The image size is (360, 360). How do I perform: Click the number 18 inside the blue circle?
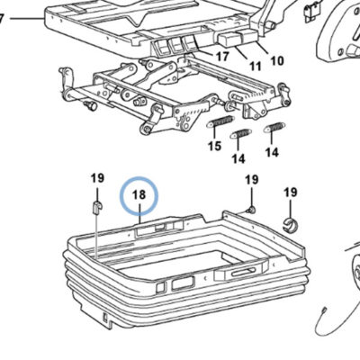139,195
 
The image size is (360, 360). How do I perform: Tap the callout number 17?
222,57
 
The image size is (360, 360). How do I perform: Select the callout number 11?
256,66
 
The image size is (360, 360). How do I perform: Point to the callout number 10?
277,61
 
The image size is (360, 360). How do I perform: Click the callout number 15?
215,146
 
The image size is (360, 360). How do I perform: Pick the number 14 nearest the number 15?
238,158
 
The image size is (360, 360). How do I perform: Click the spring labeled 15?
220,122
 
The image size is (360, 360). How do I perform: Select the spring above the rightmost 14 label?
274,128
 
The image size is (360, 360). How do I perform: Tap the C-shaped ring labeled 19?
290,225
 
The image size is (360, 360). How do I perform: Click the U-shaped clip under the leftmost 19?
96,208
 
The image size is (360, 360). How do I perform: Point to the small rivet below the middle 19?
251,210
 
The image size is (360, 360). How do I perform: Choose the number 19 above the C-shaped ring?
291,193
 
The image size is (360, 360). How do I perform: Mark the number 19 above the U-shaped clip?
97,178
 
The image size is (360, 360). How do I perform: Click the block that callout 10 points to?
249,36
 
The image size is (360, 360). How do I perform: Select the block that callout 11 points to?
229,40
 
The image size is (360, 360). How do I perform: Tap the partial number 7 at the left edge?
2,19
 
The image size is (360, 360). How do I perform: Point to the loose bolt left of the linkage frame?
90,105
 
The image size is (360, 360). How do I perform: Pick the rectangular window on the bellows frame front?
182,283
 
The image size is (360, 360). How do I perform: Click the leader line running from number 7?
27,19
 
